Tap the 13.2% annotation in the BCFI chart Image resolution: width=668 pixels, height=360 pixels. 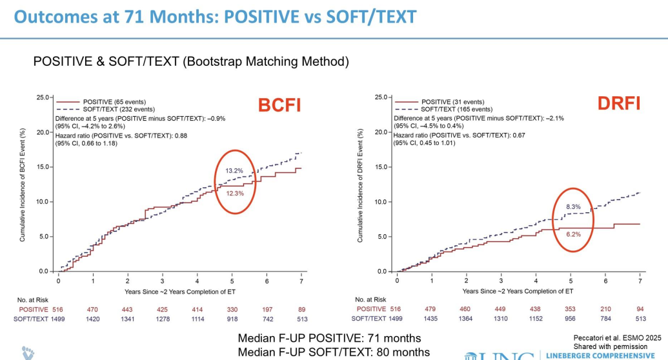(234, 170)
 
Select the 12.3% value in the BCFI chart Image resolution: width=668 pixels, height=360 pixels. (234, 194)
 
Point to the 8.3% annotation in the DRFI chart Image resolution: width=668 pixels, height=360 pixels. (572, 206)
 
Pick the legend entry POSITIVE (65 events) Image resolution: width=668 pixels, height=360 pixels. (114, 102)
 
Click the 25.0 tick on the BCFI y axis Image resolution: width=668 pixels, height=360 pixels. (43, 97)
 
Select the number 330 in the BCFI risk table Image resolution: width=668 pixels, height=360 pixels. (232, 310)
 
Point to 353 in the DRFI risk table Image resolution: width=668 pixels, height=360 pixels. (571, 310)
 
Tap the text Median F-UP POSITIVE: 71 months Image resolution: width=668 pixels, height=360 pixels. (329, 338)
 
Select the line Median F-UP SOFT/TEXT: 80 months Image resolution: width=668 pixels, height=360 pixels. (334, 352)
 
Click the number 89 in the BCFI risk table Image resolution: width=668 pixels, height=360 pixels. (301, 310)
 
